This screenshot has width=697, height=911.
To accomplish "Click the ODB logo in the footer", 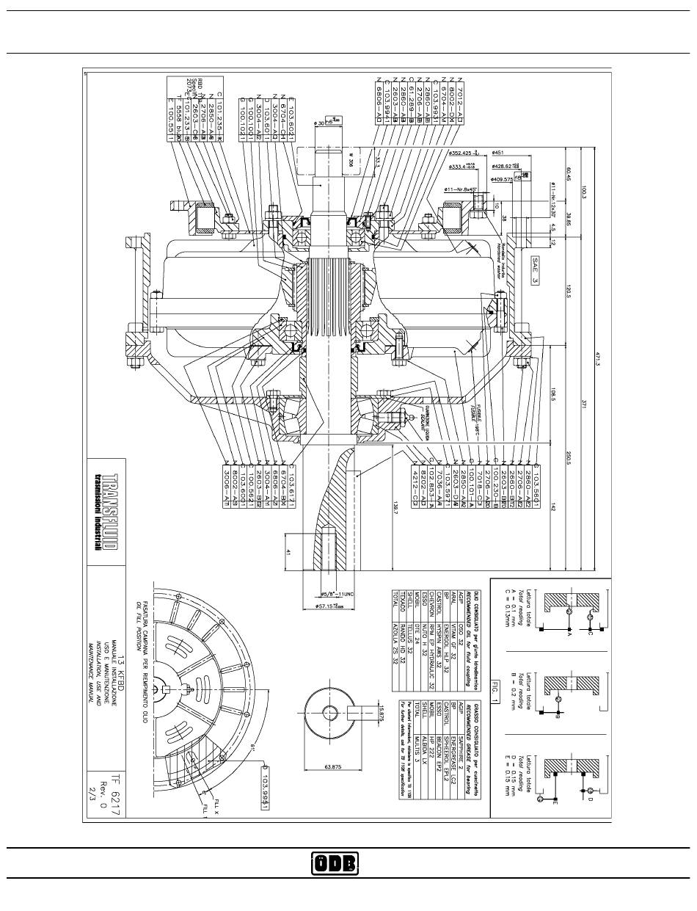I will pyautogui.click(x=334, y=863).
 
